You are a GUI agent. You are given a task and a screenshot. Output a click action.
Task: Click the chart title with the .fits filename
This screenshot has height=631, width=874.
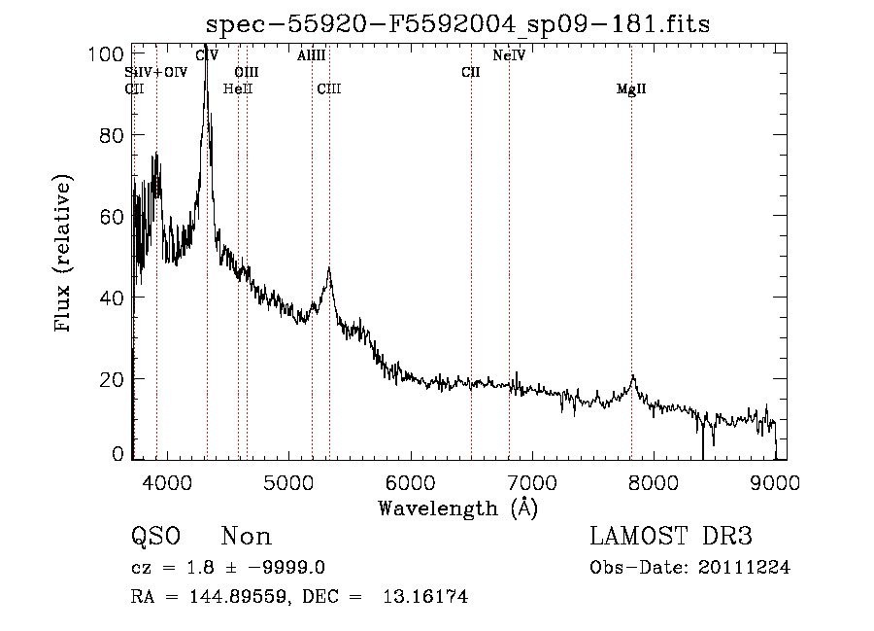[458, 24]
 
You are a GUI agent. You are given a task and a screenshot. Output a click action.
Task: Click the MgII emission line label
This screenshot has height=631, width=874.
[631, 89]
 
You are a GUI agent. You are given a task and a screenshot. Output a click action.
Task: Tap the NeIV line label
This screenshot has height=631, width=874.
[509, 56]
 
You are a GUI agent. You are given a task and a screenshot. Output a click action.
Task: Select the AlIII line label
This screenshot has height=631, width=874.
[312, 56]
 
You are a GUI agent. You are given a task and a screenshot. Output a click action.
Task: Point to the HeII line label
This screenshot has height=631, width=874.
[238, 89]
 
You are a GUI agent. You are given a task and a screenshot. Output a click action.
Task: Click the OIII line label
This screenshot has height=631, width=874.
[247, 72]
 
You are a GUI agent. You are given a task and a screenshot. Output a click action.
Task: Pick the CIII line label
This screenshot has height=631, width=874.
[329, 89]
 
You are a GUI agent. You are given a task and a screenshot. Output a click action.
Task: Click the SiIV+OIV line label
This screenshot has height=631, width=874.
[155, 72]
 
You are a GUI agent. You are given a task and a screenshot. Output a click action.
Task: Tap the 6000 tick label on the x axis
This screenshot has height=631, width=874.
[409, 481]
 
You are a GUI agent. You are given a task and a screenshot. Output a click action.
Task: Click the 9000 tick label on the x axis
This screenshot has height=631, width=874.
[775, 481]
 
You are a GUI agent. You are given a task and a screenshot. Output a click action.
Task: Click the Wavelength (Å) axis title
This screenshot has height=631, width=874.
[457, 508]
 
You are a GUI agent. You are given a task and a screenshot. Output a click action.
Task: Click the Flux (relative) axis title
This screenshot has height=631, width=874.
[65, 255]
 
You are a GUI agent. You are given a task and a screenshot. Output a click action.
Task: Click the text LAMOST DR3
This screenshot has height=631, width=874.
[671, 537]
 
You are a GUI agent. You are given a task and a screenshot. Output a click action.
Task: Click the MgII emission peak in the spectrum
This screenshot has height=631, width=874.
[632, 376]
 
